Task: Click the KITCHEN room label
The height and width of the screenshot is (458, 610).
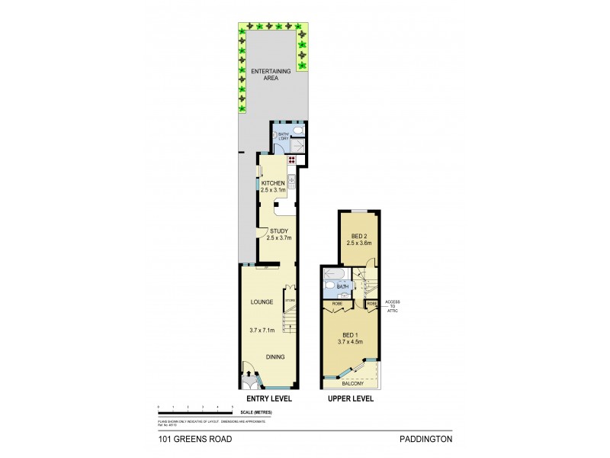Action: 273,183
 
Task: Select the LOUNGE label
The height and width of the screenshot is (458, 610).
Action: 262,302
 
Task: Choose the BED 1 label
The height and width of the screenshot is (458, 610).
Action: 351,336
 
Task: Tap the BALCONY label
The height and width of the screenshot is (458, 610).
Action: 352,385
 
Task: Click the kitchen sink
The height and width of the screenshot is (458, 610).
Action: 291,181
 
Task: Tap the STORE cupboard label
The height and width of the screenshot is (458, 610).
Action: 290,301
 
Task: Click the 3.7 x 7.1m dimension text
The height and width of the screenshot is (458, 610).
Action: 263,330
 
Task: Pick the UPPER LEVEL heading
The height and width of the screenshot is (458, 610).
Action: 349,399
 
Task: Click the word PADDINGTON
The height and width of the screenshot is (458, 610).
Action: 425,439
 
